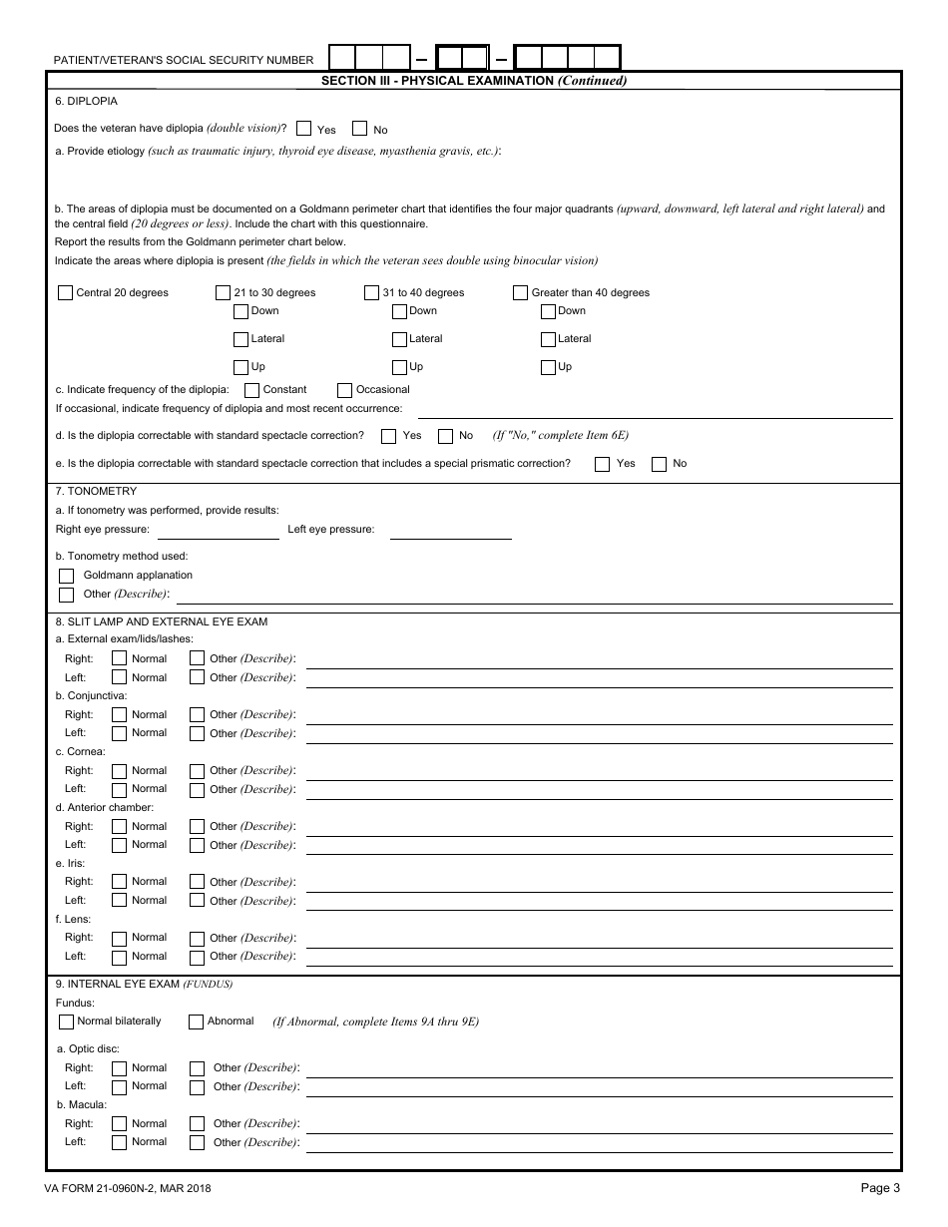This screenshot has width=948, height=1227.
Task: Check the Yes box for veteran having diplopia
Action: (303, 129)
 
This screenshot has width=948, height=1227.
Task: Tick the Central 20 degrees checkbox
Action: (66, 293)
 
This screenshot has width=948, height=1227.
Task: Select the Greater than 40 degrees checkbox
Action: (520, 293)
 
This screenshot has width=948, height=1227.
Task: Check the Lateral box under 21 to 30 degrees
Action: (240, 339)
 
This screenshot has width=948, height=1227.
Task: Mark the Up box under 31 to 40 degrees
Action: (399, 367)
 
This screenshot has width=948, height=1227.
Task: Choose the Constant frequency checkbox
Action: (252, 390)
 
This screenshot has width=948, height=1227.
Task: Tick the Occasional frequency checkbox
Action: (344, 390)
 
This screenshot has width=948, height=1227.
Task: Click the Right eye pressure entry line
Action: (218, 531)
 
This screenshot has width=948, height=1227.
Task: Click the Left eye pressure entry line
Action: (450, 531)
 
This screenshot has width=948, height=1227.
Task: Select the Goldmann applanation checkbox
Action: (67, 576)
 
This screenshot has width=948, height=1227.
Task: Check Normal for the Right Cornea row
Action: (120, 771)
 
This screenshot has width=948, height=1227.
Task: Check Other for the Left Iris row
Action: (197, 901)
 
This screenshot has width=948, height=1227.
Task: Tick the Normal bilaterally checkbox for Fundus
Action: (67, 1022)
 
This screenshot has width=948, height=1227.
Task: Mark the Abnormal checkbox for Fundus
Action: (196, 1022)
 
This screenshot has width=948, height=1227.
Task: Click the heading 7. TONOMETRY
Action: (97, 491)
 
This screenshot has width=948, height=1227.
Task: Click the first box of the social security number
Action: (342, 58)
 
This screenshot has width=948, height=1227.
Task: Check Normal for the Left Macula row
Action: (120, 1142)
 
